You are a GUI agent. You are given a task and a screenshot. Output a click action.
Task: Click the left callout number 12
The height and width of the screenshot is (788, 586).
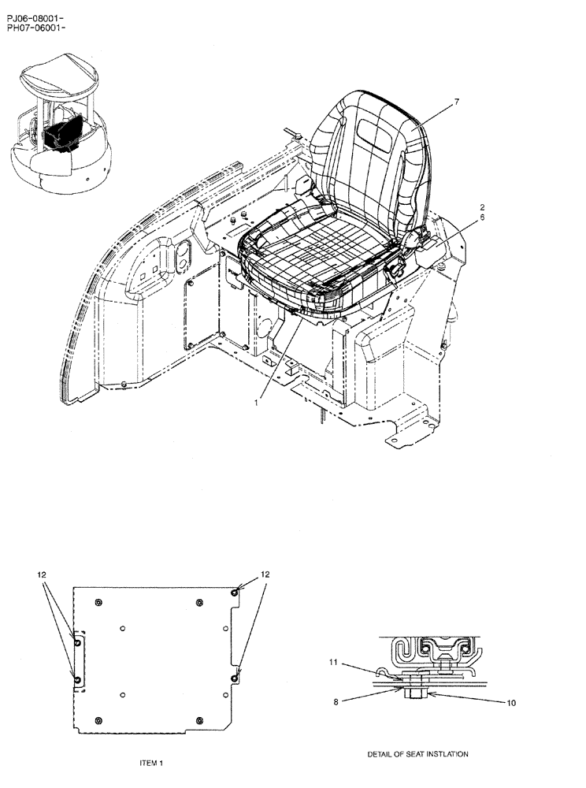tap(41, 576)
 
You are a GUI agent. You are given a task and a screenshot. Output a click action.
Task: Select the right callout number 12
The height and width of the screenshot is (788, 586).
tap(265, 576)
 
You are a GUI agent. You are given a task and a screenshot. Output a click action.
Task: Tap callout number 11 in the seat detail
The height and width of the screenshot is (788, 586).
tap(333, 663)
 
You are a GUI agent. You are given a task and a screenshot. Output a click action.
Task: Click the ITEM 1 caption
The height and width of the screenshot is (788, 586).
tap(150, 764)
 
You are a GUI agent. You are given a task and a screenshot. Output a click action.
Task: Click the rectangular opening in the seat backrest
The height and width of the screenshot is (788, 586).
tap(376, 131)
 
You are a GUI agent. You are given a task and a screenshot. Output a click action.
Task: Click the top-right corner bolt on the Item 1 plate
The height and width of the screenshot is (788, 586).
tap(236, 593)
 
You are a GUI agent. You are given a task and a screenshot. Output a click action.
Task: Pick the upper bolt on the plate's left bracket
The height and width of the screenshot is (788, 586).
tap(77, 644)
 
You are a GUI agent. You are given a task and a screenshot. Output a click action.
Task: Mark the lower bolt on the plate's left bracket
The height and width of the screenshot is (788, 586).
tap(77, 678)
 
